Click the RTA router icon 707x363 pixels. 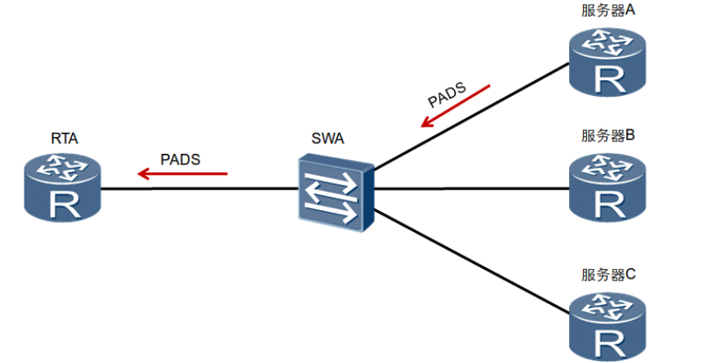[62, 186]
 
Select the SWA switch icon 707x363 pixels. [335, 192]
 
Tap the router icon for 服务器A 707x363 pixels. [608, 62]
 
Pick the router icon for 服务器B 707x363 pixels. [608, 187]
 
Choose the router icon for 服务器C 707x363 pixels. [608, 327]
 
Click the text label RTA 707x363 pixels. [64, 138]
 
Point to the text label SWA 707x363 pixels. [328, 138]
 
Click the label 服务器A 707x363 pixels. [609, 11]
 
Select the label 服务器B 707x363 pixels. [609, 135]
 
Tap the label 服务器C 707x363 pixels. [609, 274]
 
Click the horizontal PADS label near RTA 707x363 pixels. [180, 159]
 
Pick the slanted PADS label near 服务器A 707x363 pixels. [447, 94]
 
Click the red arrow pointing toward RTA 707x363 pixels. [183, 173]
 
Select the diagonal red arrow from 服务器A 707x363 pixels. [456, 105]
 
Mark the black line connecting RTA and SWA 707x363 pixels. [199, 189]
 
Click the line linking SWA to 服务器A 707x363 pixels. [472, 117]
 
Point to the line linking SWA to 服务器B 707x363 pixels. [472, 188]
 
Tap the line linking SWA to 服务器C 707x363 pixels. [472, 261]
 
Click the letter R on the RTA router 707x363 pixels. [64, 205]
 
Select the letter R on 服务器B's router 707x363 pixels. [610, 206]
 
